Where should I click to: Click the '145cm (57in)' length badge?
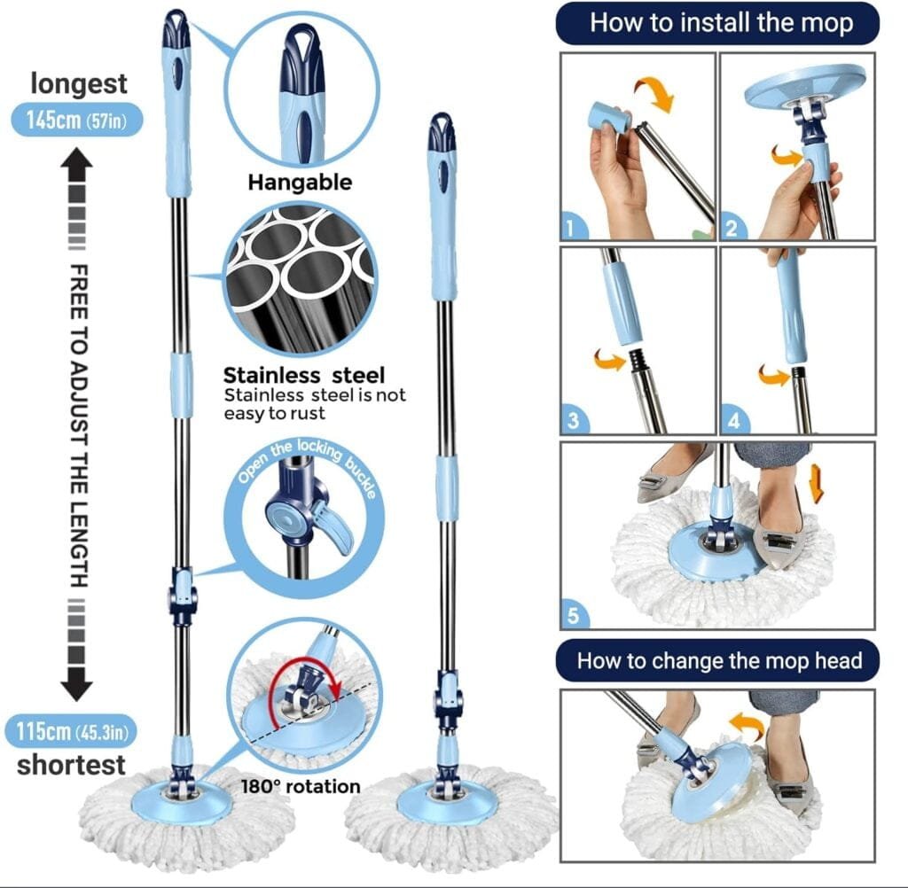[77, 120]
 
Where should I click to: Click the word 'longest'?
[79, 84]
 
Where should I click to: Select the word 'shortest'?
[71, 764]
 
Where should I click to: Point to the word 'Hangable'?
[300, 183]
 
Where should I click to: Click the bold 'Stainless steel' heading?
[304, 375]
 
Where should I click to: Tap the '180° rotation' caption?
[301, 786]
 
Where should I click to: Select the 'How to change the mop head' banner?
[719, 660]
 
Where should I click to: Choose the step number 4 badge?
[733, 421]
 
